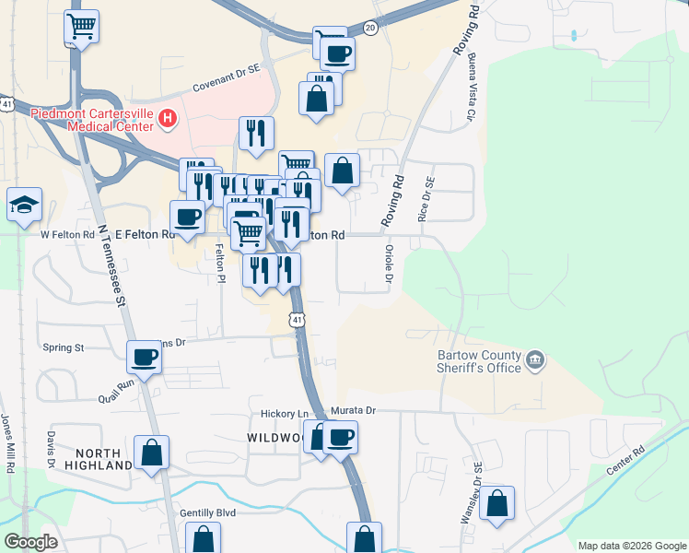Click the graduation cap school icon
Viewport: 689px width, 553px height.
click(x=22, y=205)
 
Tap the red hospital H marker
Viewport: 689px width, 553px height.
click(x=168, y=117)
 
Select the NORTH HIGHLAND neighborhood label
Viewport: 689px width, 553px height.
click(x=104, y=459)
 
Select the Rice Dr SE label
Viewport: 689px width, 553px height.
click(x=425, y=201)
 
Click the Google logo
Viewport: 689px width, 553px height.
click(x=31, y=542)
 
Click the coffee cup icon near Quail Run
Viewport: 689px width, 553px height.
click(x=145, y=355)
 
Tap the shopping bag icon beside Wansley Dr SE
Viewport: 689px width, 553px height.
click(x=496, y=503)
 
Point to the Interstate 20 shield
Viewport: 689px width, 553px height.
click(x=370, y=29)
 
